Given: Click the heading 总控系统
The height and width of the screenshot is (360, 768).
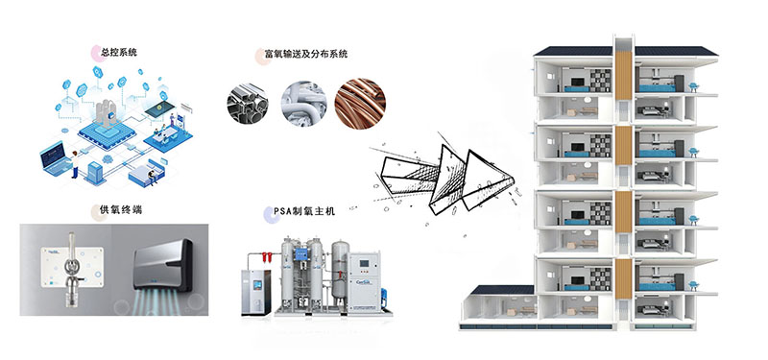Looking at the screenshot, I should click(119, 50).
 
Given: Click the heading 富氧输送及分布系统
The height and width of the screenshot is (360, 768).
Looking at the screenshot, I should click(306, 55).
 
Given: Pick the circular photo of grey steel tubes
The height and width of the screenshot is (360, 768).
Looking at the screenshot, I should click(249, 101).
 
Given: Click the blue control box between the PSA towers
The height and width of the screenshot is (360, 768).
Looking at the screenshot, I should click(316, 254).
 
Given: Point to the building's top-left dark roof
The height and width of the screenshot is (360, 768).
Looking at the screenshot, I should click(572, 52).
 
